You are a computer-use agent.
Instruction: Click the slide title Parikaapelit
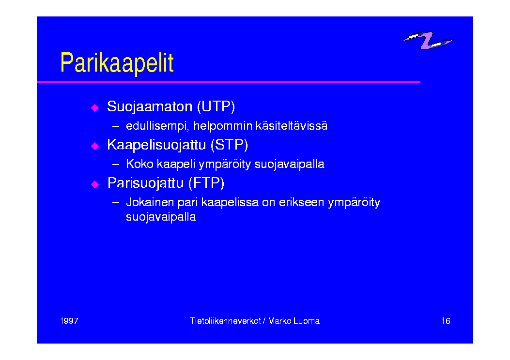click(117, 63)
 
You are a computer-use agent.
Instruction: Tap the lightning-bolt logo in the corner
click(427, 40)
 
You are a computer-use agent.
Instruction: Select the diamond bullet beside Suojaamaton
click(95, 107)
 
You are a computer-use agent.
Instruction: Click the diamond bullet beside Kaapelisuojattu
click(95, 146)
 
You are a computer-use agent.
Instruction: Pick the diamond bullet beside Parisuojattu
click(95, 184)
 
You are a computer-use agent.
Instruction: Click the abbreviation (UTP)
click(216, 106)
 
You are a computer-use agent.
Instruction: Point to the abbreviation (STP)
click(229, 145)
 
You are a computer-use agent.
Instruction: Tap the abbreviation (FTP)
click(206, 183)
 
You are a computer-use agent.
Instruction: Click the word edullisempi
click(157, 126)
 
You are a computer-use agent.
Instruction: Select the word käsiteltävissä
click(292, 126)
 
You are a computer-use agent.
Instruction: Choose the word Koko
click(139, 164)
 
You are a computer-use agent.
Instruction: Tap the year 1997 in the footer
click(69, 321)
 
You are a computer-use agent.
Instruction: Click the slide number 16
click(446, 321)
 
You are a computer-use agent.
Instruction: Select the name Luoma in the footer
click(307, 321)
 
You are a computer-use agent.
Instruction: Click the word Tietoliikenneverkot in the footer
click(225, 321)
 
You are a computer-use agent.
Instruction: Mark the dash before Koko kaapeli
click(115, 165)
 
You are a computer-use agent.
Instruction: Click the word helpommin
click(223, 126)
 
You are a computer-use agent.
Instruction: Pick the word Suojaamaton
click(150, 107)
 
